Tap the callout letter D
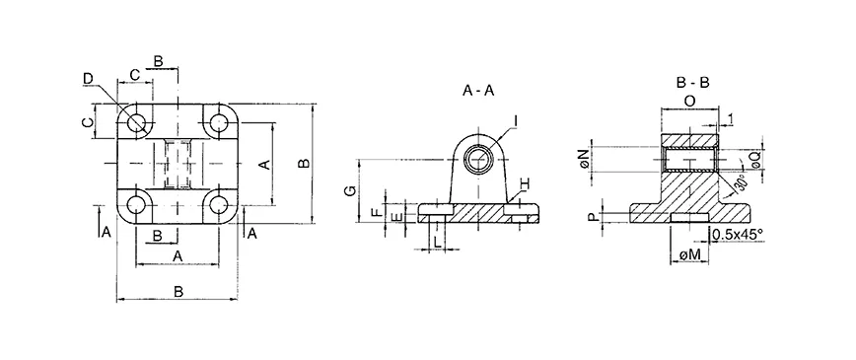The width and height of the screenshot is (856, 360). pos(88,78)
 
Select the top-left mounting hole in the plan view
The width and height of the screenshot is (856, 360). pos(136,123)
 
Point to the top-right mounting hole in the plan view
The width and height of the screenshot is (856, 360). pos(216,123)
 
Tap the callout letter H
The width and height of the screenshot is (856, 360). pos(526,185)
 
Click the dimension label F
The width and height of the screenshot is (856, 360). pos(374,211)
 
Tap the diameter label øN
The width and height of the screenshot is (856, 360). pos(587,157)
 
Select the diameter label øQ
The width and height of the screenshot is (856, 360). pos(754,157)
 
